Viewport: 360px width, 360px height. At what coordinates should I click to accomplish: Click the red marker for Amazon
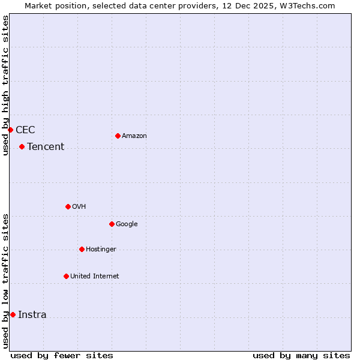click(x=118, y=136)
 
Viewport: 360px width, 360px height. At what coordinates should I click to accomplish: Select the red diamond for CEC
click(x=10, y=130)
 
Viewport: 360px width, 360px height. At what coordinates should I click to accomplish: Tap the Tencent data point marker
click(x=22, y=146)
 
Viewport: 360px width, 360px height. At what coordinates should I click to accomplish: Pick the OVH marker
click(x=68, y=206)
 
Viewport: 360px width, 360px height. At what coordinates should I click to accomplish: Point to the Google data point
click(x=112, y=224)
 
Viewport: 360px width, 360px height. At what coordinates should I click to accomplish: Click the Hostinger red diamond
click(x=82, y=249)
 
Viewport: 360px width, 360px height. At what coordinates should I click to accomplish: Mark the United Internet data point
click(x=66, y=276)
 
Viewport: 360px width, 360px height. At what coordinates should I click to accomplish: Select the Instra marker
click(x=13, y=314)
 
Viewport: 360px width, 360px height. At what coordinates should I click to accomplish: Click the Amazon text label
click(x=134, y=136)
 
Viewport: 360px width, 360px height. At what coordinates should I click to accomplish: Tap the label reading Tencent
click(x=46, y=147)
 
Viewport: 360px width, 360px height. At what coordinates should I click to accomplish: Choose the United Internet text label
click(x=95, y=276)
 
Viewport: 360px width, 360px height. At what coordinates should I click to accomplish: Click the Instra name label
click(x=32, y=315)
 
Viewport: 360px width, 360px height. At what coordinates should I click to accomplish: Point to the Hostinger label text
click(x=101, y=249)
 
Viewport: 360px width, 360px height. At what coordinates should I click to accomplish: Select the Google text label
click(x=127, y=224)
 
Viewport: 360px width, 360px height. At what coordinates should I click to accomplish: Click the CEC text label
click(x=25, y=130)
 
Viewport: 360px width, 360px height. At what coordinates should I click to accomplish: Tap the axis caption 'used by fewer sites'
click(x=62, y=355)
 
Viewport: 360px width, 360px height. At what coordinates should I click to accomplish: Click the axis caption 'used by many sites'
click(x=301, y=355)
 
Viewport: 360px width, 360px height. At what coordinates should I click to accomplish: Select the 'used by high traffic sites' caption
click(x=5, y=85)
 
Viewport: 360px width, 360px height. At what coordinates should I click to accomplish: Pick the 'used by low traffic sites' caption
click(x=5, y=281)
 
